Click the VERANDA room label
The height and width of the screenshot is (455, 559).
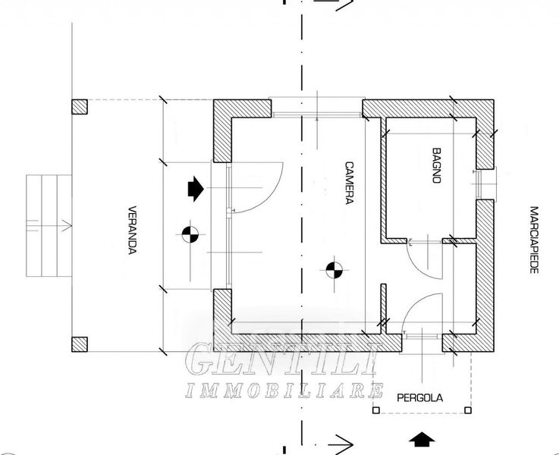coord(132,230)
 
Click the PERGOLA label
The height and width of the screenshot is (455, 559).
coord(420,397)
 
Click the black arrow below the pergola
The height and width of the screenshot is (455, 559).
coord(421,439)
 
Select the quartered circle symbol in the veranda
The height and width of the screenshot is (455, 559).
coord(190,235)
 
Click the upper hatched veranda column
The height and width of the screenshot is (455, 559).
coord(79,107)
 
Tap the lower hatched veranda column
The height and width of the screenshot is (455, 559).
coord(79,344)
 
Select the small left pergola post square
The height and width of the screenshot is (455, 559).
coord(375,412)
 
